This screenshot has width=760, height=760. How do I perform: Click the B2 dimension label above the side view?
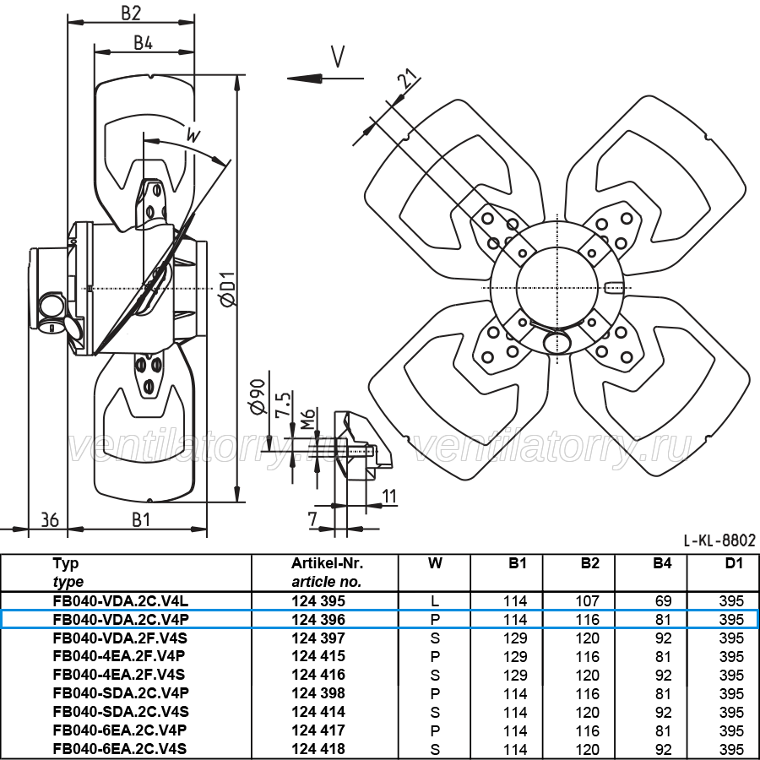(x=131, y=13)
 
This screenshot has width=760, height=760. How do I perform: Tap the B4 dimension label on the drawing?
(x=143, y=43)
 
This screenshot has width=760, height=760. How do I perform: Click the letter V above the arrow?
(x=338, y=57)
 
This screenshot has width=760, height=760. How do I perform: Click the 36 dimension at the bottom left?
(x=50, y=520)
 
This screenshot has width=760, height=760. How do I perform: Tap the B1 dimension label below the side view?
(x=141, y=520)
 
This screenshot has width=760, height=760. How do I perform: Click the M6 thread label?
(x=307, y=419)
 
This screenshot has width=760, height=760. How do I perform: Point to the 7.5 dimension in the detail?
(x=283, y=404)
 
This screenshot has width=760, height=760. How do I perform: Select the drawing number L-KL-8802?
(x=719, y=540)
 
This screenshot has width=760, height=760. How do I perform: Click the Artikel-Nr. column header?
(x=327, y=563)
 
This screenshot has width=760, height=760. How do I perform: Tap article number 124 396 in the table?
(x=318, y=620)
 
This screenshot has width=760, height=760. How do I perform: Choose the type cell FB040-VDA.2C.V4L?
(x=121, y=601)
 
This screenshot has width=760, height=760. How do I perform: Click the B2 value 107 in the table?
(x=588, y=601)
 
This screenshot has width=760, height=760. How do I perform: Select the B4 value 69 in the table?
(x=663, y=601)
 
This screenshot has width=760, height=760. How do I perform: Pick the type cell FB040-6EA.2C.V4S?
(x=120, y=749)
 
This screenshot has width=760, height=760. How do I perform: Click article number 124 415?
(x=318, y=656)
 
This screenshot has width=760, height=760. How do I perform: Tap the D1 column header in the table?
(x=734, y=563)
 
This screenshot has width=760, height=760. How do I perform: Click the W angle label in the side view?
(x=193, y=134)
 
